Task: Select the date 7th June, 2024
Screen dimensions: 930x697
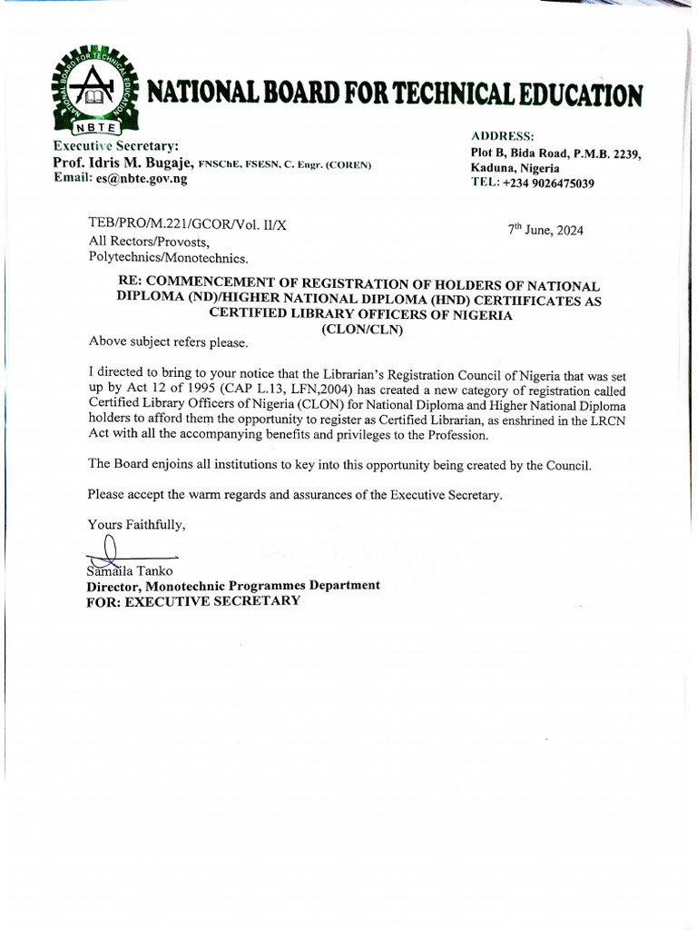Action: coord(545,230)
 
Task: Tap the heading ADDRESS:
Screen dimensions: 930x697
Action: coord(503,135)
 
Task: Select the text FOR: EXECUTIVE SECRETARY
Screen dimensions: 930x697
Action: coord(193,600)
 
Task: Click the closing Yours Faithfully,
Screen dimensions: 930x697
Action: coord(136,524)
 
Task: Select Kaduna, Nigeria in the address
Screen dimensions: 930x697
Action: coord(515,168)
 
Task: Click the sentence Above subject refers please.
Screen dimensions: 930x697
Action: coord(167,342)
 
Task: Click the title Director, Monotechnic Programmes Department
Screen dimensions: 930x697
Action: coord(233,586)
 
